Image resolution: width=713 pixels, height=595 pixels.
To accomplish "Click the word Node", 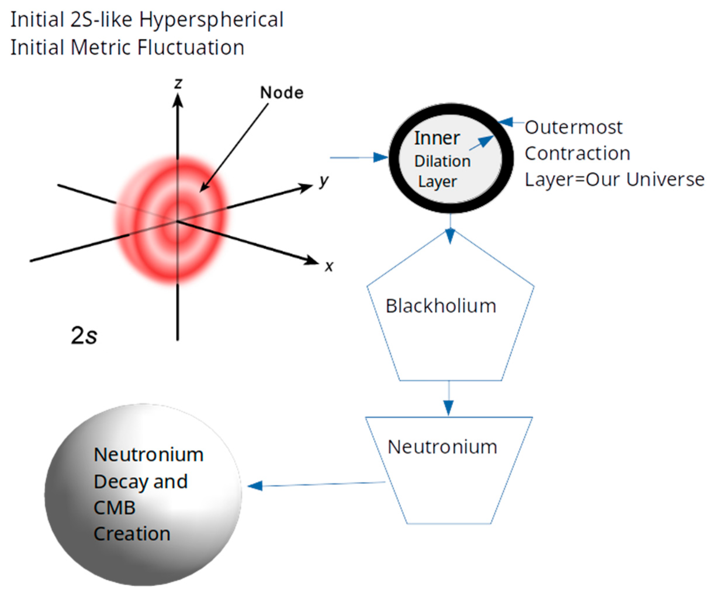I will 281,92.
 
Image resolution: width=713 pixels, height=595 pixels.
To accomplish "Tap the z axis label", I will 178,84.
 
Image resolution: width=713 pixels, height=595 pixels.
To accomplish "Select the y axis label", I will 324,181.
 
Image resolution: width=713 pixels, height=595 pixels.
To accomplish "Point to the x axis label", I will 329,266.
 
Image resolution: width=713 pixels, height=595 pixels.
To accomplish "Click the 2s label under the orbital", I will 84,335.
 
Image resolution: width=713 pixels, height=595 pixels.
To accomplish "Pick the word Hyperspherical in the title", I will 211,20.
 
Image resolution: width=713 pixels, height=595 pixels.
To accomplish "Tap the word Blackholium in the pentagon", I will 441,306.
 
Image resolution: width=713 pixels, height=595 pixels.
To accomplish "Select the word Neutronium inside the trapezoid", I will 442,447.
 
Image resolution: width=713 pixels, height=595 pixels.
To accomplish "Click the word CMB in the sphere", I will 115,508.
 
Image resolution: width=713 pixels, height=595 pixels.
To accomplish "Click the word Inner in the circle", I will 437,138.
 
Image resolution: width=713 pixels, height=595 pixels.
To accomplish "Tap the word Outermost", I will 573,128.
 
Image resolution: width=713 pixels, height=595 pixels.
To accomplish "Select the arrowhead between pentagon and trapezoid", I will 449,408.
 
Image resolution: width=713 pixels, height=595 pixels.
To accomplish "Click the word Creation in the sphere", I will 132,534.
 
